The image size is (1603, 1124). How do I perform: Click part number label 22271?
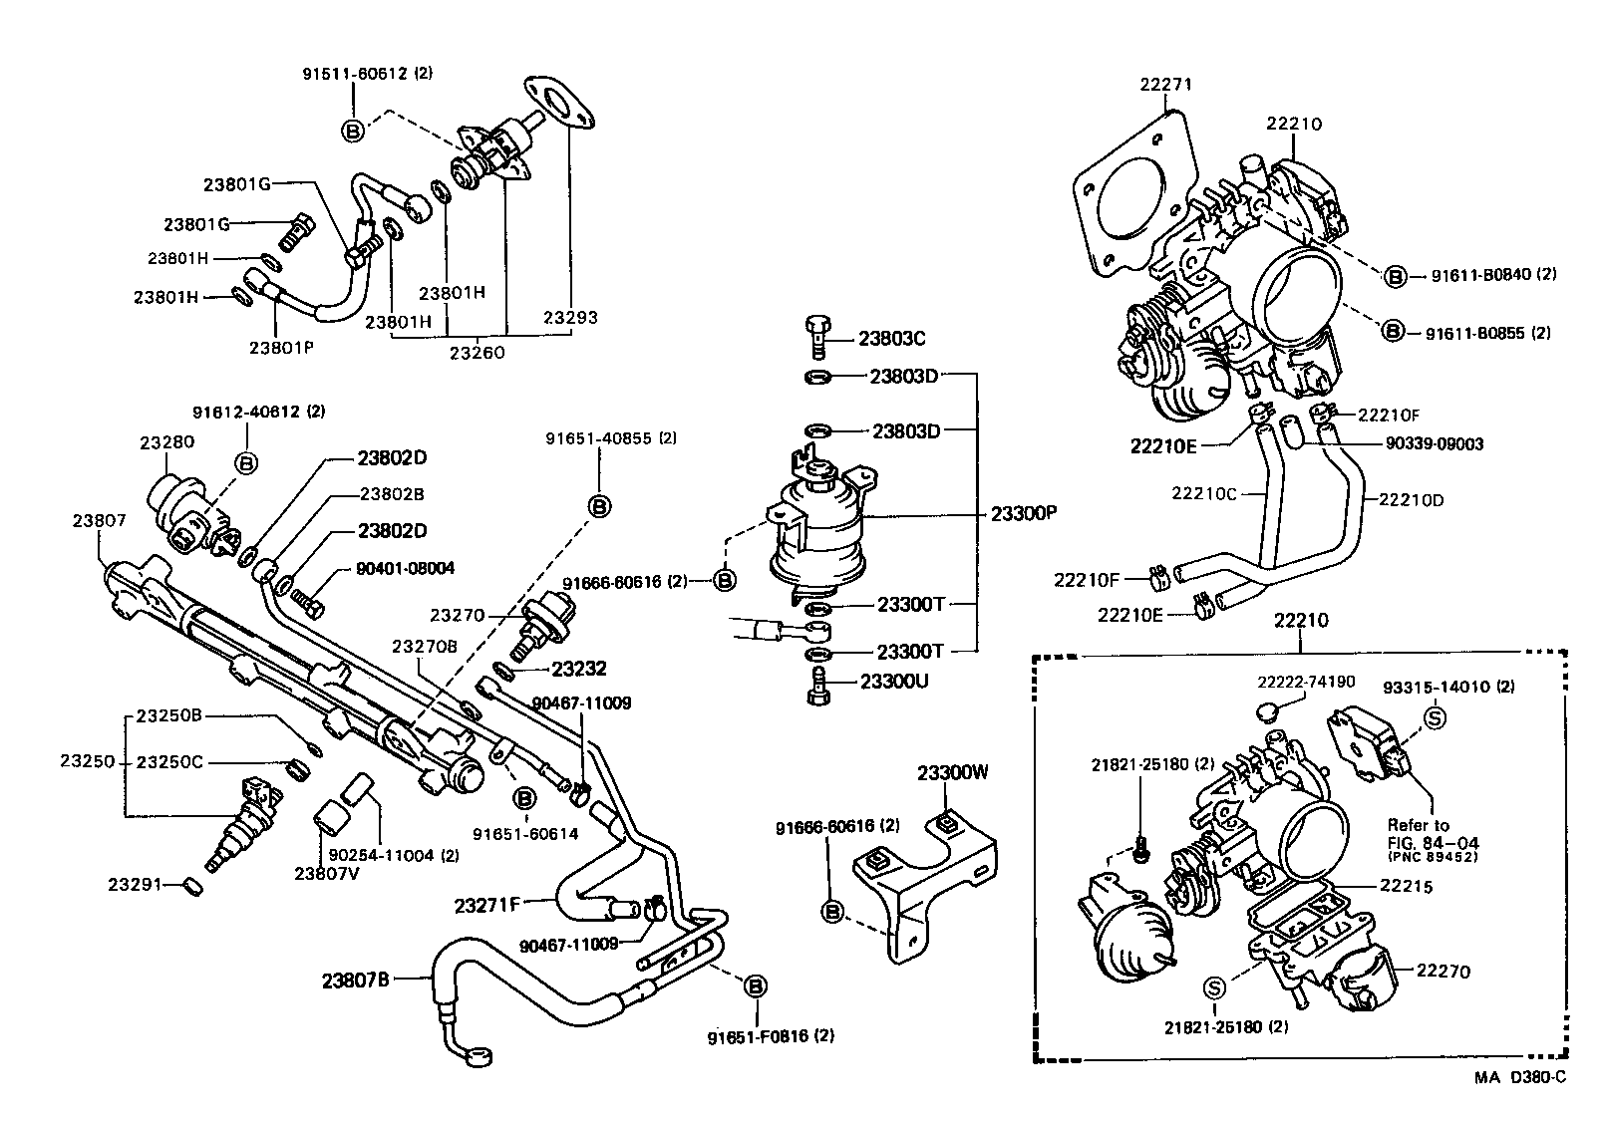[x=1165, y=86]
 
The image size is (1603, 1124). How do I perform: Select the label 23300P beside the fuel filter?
[x=1023, y=514]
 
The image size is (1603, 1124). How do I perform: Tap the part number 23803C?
[x=891, y=339]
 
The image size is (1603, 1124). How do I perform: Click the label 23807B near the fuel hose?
[x=355, y=980]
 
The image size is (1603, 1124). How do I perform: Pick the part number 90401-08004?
[x=405, y=569]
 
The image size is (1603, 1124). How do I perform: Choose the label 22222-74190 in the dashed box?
[x=1306, y=682]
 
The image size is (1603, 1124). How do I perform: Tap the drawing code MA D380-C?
[x=1520, y=1078]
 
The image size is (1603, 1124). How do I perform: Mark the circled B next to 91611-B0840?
[x=1395, y=276]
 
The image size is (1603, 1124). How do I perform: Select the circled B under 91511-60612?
[x=353, y=131]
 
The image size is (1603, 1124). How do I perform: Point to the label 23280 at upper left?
[x=166, y=441]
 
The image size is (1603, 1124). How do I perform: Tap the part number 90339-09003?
[x=1434, y=444]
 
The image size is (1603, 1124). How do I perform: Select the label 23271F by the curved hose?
[x=487, y=905]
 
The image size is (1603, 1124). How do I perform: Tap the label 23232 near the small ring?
[x=578, y=669]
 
